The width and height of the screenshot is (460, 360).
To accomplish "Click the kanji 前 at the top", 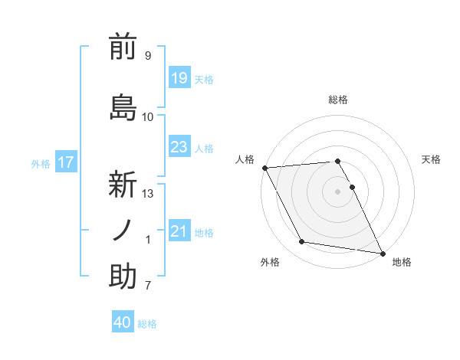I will (123, 47).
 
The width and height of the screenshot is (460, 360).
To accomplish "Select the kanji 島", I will (123, 106).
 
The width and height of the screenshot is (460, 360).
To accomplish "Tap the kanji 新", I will (123, 185).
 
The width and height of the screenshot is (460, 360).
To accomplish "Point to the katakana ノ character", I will (123, 231).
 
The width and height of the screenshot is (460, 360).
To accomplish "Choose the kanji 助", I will (123, 277).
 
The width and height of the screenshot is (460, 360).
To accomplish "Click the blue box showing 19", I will (179, 78).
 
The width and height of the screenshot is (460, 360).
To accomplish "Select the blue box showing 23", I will (179, 147).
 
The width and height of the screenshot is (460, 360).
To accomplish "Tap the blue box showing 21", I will (179, 231).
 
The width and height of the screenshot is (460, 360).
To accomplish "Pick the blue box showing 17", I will (65, 162).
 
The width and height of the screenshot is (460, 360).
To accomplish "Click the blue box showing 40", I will (123, 322).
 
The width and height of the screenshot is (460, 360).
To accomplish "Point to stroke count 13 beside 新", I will (148, 194).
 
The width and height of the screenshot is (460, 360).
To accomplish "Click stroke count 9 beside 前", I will (148, 56).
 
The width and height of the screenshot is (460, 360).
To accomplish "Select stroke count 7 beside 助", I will (148, 286).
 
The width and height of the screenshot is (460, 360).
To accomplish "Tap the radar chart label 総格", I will (337, 100).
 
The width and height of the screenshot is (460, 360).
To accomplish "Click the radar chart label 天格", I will (432, 159).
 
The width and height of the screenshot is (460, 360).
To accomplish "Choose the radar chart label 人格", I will (245, 159).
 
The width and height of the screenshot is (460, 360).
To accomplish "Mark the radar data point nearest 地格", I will (382, 252).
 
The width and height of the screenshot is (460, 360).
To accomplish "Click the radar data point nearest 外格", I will (301, 242).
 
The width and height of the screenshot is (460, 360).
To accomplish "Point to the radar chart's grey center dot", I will (337, 191).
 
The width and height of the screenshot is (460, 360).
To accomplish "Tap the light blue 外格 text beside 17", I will (40, 163).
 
